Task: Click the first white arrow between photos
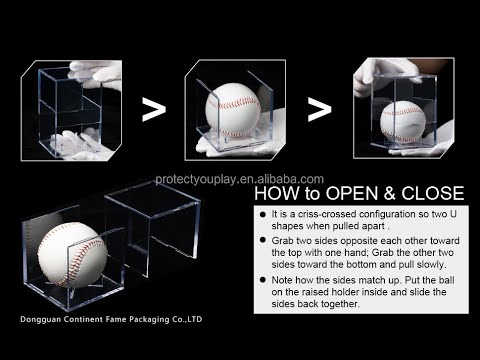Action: (154, 109)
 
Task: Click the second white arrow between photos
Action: (319, 109)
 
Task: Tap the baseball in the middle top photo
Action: (233, 110)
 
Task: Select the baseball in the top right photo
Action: (403, 121)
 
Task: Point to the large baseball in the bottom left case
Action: (72, 254)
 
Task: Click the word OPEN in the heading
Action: (354, 193)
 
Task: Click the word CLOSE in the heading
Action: (433, 193)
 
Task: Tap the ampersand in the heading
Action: (391, 194)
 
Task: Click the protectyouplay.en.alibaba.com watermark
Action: (239, 179)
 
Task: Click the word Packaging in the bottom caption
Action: (149, 319)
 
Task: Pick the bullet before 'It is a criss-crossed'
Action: (263, 214)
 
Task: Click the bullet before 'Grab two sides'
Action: (263, 240)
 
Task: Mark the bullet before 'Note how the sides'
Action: (263, 279)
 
